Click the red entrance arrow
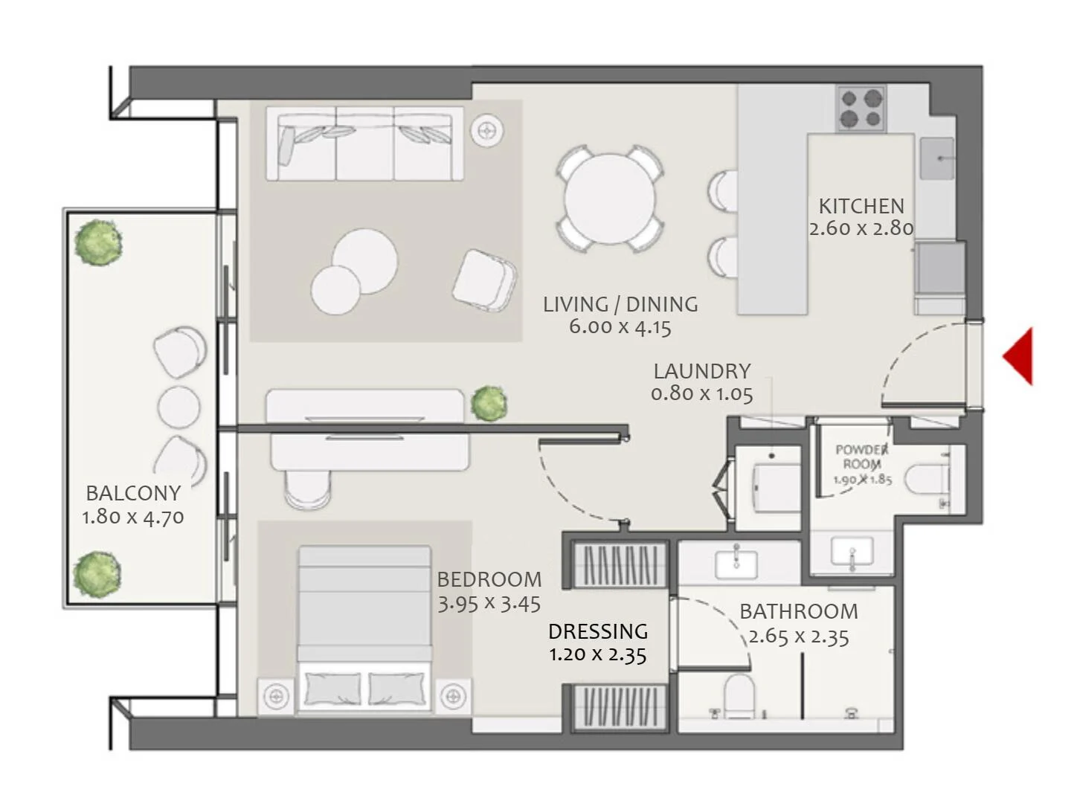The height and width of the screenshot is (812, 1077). (1020, 355)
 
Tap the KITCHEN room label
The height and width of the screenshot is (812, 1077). (861, 206)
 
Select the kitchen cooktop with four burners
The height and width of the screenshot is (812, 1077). (861, 109)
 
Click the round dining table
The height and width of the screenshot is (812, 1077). (609, 199)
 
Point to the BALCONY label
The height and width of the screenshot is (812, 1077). (133, 493)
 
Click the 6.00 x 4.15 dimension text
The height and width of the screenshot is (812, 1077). (620, 326)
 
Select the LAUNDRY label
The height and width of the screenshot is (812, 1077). (701, 371)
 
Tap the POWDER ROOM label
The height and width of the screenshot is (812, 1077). (861, 456)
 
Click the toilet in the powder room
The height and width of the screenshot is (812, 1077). (927, 479)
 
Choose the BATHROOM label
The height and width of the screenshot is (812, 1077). (798, 611)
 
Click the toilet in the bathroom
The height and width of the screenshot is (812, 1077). (739, 695)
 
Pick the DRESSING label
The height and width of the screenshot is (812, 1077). (597, 631)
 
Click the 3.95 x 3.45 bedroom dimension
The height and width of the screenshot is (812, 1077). (489, 604)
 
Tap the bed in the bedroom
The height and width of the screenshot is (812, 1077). (364, 628)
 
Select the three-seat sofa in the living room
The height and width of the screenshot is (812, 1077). (364, 144)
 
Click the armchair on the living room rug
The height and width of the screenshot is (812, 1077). (484, 280)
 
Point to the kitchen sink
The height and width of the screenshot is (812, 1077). (936, 158)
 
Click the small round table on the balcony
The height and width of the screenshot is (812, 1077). (179, 407)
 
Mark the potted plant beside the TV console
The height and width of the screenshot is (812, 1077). (489, 403)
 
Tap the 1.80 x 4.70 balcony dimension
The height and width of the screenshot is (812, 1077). (133, 517)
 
